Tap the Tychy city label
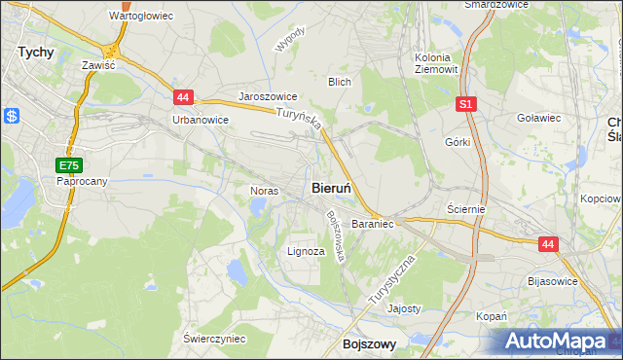click(x=36, y=53)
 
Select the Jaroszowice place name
click(x=268, y=97)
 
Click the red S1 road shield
click(x=466, y=102)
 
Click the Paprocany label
click(x=81, y=181)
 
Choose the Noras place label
click(x=265, y=191)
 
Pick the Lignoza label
click(x=306, y=250)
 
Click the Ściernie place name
click(x=465, y=209)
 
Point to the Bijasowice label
click(x=551, y=281)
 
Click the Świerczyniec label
click(x=214, y=338)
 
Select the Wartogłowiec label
click(x=140, y=17)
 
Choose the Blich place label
click(x=339, y=83)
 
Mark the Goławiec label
click(x=538, y=118)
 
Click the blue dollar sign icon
click(x=12, y=116)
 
